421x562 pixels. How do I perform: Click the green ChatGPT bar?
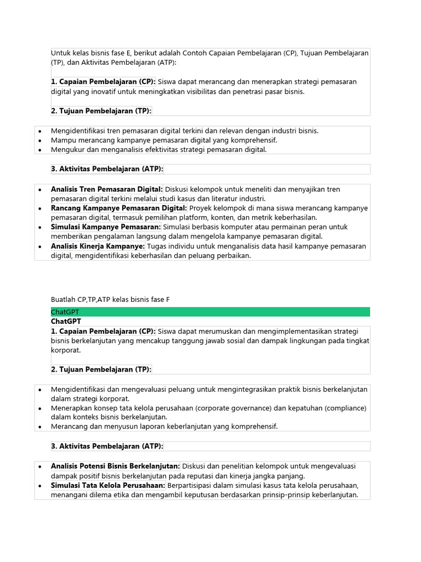pyautogui.click(x=210, y=312)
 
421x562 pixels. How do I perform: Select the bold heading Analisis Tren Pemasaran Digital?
pyautogui.click(x=107, y=189)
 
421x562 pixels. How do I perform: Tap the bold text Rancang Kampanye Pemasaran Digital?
pyautogui.click(x=119, y=208)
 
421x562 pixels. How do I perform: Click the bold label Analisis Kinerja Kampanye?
pyautogui.click(x=98, y=246)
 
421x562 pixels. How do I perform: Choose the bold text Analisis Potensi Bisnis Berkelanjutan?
pyautogui.click(x=116, y=467)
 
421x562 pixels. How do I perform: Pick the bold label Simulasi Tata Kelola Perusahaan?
pyautogui.click(x=108, y=485)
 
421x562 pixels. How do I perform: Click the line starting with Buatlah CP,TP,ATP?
pyautogui.click(x=110, y=299)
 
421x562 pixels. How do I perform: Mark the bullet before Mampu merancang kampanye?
pyautogui.click(x=40, y=140)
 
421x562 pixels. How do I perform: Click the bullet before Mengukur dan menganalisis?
pyautogui.click(x=40, y=150)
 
